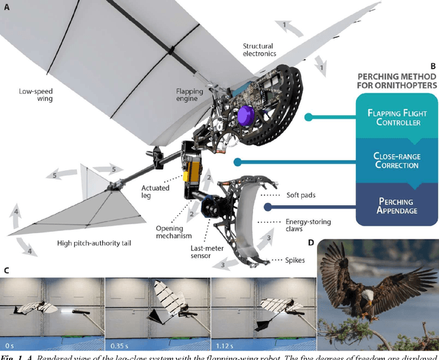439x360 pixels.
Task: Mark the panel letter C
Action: [7, 269]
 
